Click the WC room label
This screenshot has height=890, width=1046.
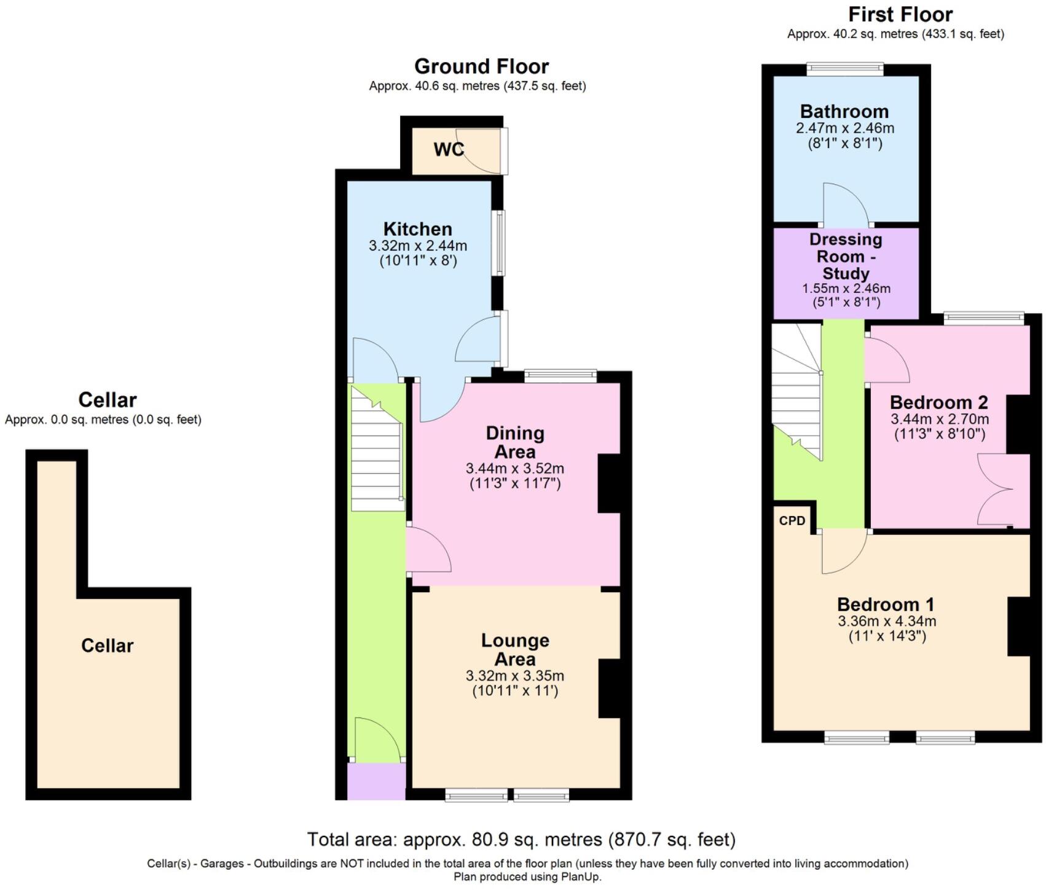coord(449,149)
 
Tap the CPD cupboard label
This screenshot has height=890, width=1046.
coord(792,521)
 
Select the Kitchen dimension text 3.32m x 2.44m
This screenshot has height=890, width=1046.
coord(418,246)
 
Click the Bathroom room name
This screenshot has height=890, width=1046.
coord(844,111)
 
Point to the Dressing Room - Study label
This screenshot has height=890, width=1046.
coord(846,256)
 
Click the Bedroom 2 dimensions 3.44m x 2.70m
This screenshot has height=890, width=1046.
coord(940,420)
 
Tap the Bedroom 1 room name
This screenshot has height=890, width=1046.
coord(886,604)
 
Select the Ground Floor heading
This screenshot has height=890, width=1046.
coord(481,66)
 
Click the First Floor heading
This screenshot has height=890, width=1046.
coord(900,14)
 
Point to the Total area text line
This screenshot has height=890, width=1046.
coord(521,839)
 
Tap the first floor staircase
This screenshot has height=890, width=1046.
coord(797,392)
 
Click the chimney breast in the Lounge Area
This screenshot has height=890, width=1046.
coord(609,689)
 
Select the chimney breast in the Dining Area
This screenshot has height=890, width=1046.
coord(609,483)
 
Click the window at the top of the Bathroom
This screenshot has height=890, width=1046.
coord(845,69)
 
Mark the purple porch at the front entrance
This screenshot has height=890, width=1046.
coord(376,781)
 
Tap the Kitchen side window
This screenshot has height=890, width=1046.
coord(500,243)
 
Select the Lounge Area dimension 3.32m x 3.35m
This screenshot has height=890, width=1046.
coord(515,676)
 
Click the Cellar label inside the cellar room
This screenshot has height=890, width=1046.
coord(107,646)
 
